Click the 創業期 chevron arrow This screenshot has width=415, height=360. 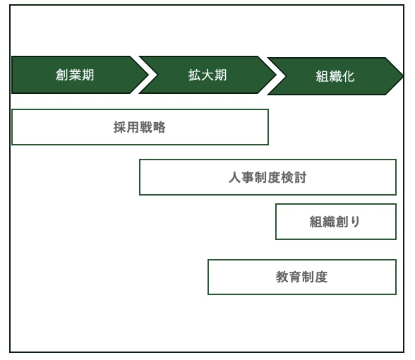click(x=79, y=75)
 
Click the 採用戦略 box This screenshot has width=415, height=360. click(x=140, y=127)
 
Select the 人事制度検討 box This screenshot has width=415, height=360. click(x=267, y=177)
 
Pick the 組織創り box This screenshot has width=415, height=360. click(x=336, y=222)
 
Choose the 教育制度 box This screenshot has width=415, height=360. click(x=302, y=277)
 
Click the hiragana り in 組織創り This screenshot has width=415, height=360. click(x=355, y=222)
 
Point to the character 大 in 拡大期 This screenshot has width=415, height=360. click(x=207, y=75)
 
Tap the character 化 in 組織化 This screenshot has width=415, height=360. click(x=348, y=76)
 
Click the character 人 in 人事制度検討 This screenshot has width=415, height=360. click(x=234, y=177)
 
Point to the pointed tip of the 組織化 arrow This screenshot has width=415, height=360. click(x=404, y=76)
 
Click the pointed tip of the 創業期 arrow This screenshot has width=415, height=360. click(x=149, y=75)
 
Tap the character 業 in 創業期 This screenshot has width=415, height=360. click(x=75, y=75)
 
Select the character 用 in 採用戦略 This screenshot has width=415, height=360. click(x=133, y=127)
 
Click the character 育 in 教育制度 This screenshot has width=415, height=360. click(x=295, y=277)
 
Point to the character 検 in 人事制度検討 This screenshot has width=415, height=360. click(x=287, y=177)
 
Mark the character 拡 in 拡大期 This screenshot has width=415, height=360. click(x=195, y=75)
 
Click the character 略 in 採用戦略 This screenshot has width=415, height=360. click(x=159, y=127)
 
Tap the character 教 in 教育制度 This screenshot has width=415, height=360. click(x=282, y=277)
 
